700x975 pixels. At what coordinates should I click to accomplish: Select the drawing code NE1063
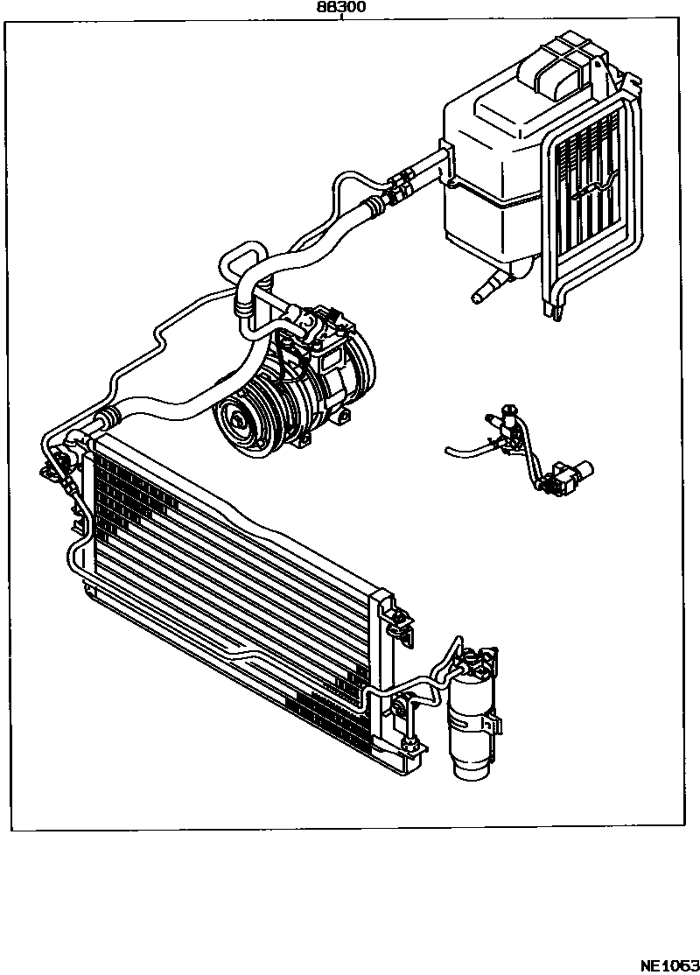pyautogui.click(x=668, y=965)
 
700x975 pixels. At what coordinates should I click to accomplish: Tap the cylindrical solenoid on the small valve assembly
pyautogui.click(x=578, y=473)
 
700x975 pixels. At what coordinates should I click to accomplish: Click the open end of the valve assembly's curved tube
pyautogui.click(x=447, y=451)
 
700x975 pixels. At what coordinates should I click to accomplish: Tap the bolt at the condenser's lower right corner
pyautogui.click(x=409, y=745)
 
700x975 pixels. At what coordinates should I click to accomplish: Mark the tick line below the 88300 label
pyautogui.click(x=340, y=18)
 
